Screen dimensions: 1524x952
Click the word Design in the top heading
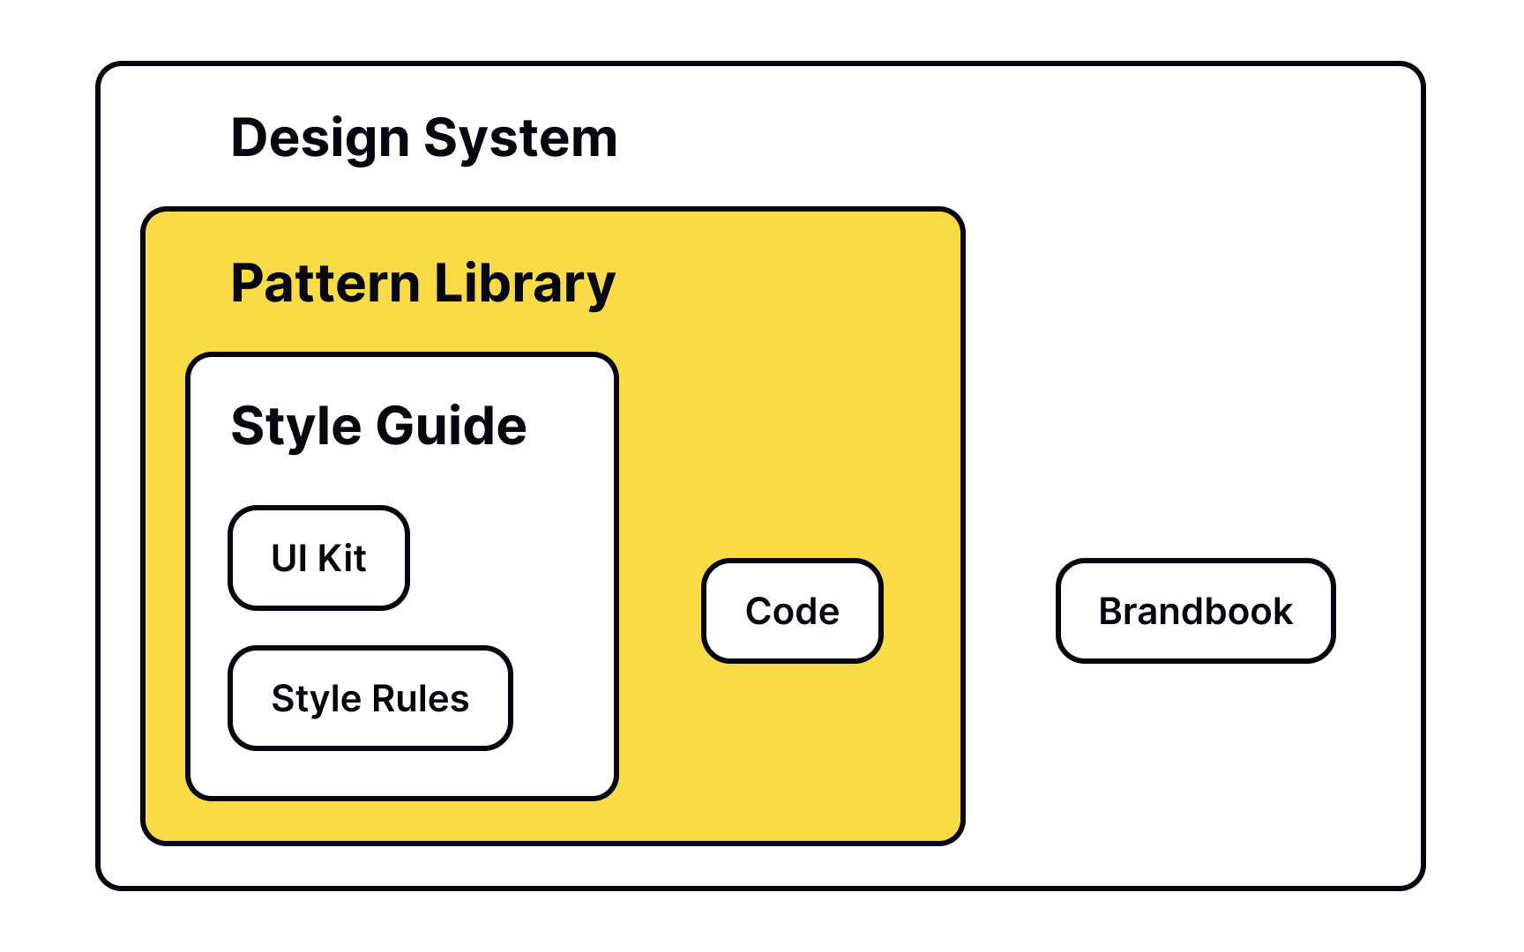(x=320, y=139)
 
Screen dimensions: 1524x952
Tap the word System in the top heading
(x=521, y=139)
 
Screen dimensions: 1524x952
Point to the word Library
(x=525, y=285)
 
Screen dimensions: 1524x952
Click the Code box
(x=792, y=610)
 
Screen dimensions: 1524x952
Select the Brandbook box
(x=1195, y=610)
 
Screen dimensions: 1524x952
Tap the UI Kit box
(x=318, y=558)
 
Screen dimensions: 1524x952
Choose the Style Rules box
(x=370, y=698)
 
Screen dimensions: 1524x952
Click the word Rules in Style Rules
(x=421, y=698)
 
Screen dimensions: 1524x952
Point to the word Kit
(x=342, y=558)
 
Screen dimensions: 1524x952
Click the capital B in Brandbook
(x=1113, y=611)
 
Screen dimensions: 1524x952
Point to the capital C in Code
(x=760, y=611)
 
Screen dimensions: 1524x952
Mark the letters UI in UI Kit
(x=289, y=558)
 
